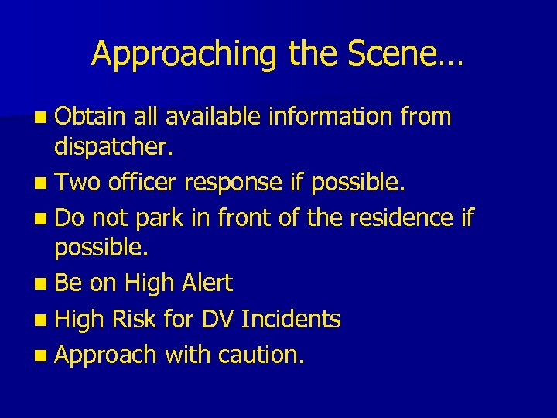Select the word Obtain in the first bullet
point(90,117)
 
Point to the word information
point(329,117)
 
